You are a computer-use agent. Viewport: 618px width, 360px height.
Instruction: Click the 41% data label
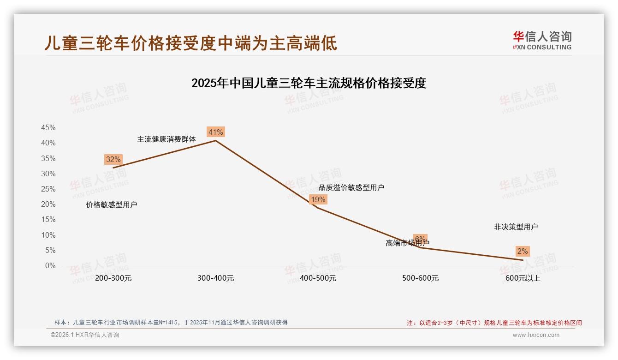(216, 132)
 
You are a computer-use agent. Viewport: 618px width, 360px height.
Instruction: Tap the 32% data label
(113, 160)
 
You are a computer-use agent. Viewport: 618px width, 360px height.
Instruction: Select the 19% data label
(318, 199)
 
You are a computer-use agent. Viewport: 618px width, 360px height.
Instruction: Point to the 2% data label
(523, 252)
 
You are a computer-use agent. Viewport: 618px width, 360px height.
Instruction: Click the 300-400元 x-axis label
(216, 278)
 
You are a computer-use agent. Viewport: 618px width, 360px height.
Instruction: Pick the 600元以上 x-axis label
(523, 278)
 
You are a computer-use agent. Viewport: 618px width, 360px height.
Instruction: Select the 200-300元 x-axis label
(113, 278)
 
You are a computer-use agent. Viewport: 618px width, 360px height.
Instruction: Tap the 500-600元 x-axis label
(420, 278)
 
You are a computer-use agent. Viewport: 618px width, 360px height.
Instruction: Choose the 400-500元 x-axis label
(318, 278)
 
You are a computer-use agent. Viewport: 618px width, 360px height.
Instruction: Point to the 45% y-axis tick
(48, 128)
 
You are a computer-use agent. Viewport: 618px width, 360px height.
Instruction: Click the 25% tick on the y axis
(48, 189)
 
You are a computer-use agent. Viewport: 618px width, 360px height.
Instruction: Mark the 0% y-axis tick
(50, 266)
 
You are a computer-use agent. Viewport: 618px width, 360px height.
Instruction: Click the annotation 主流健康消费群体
(166, 139)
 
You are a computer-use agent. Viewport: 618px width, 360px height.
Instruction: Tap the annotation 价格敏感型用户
(112, 205)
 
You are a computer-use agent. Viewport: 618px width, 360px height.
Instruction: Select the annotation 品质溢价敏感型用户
(351, 187)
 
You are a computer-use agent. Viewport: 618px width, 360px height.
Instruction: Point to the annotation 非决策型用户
(516, 227)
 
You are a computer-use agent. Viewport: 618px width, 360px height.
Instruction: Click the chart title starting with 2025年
(309, 84)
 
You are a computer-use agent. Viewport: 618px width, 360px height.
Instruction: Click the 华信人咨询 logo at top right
(542, 40)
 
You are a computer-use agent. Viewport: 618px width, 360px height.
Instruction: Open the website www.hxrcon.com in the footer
(536, 335)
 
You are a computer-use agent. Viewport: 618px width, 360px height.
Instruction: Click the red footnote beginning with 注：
(494, 323)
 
